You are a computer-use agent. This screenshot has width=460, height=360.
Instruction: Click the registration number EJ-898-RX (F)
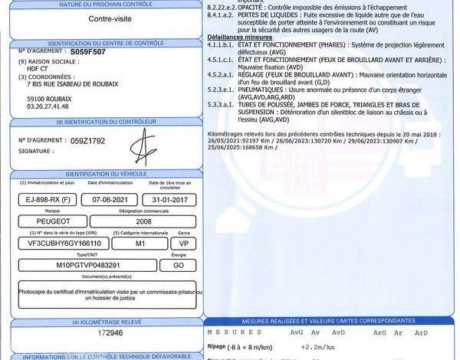[x=48, y=199]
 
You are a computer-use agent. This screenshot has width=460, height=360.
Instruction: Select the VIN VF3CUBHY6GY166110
[x=64, y=243]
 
